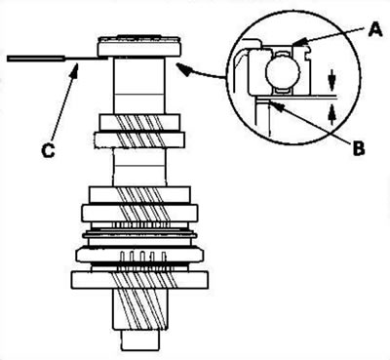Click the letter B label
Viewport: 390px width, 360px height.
click(x=358, y=148)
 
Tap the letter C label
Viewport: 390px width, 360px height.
click(x=49, y=151)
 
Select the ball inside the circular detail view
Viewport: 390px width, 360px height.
click(x=282, y=72)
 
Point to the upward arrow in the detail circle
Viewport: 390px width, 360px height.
click(x=331, y=114)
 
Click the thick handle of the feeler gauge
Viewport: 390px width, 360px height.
click(x=36, y=59)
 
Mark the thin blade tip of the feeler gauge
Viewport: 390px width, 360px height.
click(x=105, y=59)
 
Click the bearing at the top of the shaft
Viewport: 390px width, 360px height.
click(x=138, y=46)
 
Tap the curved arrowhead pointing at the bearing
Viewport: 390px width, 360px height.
click(x=183, y=69)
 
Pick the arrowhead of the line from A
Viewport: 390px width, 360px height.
click(x=299, y=42)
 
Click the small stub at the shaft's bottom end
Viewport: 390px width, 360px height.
click(x=140, y=340)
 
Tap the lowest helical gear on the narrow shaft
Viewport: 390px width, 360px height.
click(x=140, y=309)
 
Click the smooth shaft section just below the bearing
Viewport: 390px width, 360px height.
click(x=139, y=85)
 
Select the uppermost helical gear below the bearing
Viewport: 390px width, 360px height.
click(x=139, y=130)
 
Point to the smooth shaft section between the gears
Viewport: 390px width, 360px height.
click(x=139, y=166)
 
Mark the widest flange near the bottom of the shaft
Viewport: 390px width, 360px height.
click(x=139, y=280)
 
